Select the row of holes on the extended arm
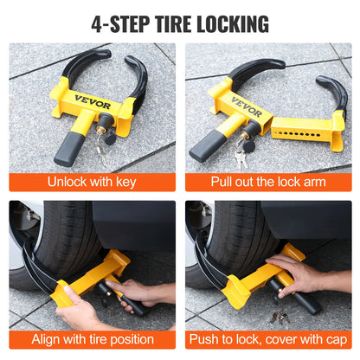tap(301, 134)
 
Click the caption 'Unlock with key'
tap(92, 183)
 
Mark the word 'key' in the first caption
tap(130, 183)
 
